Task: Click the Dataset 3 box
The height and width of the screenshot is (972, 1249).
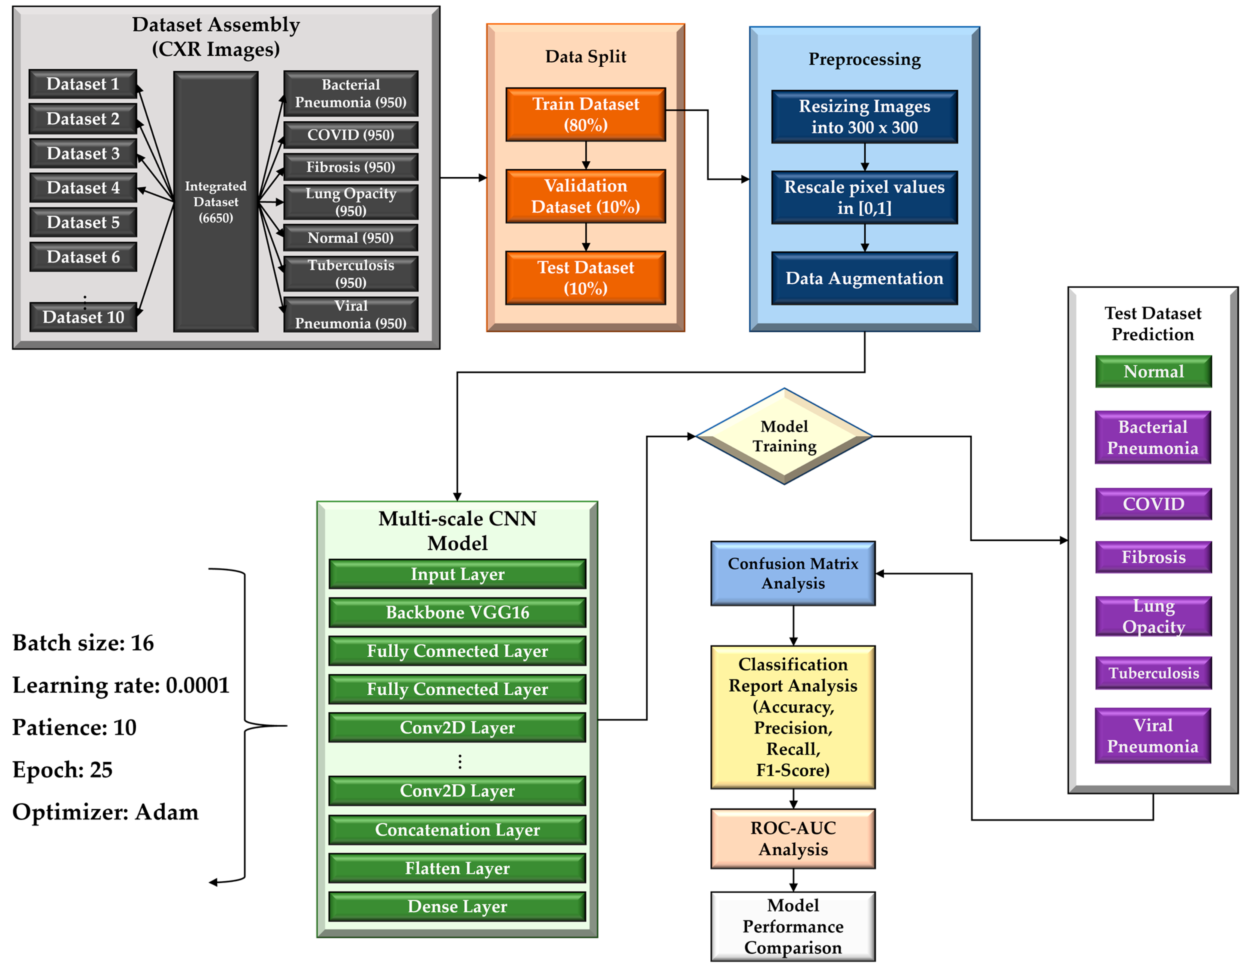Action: (83, 153)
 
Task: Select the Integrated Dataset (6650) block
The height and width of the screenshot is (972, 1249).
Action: (216, 202)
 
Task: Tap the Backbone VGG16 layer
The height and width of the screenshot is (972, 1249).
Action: (457, 612)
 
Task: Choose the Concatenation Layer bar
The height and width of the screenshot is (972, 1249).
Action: (457, 830)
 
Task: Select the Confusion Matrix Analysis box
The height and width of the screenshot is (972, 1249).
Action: (793, 574)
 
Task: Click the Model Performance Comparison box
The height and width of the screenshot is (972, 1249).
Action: (793, 926)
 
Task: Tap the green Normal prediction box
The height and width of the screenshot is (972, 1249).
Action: (1153, 372)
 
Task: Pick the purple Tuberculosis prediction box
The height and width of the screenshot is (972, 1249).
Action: (1153, 673)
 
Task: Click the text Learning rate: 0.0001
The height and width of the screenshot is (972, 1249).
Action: (121, 685)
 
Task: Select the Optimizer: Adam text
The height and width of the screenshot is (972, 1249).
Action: (105, 812)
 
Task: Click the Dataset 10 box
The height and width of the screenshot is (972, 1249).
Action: (83, 317)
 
